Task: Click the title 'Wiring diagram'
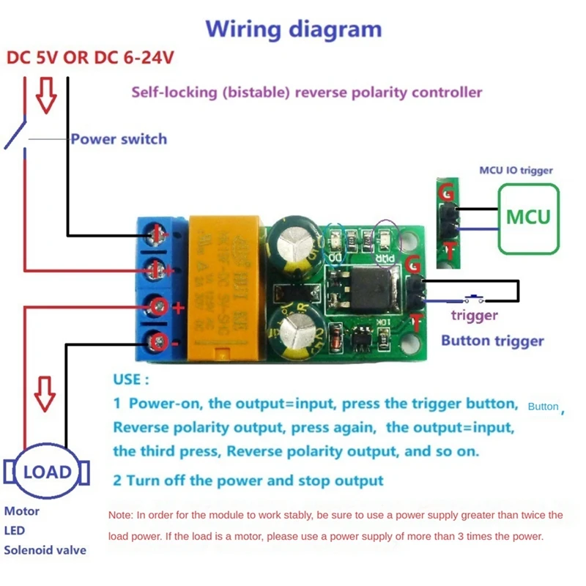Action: (293, 29)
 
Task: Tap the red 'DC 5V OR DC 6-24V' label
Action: (91, 58)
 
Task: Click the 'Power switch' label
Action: (119, 138)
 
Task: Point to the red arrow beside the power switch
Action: (46, 97)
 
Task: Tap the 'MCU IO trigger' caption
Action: (516, 171)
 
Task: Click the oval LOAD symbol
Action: (47, 472)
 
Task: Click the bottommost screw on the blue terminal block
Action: (157, 340)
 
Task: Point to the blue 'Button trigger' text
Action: (492, 341)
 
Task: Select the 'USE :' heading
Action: (131, 380)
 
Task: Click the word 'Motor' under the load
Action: (22, 511)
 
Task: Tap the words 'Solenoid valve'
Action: (45, 550)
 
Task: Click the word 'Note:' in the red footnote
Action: (122, 516)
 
